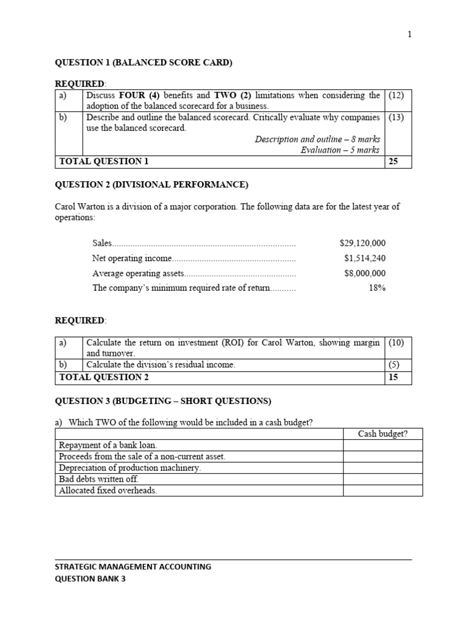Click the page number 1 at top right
(409, 35)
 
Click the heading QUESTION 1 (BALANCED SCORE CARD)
(144, 62)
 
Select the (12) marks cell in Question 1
(396, 96)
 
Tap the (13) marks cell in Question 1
(396, 117)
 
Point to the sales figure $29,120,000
(362, 243)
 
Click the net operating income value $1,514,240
(364, 258)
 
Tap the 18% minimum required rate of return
(377, 288)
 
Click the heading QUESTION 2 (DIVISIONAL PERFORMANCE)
(151, 184)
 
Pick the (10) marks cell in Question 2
(396, 343)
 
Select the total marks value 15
(393, 377)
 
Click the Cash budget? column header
(383, 434)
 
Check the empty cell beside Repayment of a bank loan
(383, 445)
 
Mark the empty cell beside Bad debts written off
(383, 479)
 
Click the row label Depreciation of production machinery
(130, 468)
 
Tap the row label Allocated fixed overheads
(108, 490)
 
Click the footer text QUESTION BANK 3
(90, 579)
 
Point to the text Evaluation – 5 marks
(340, 150)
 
